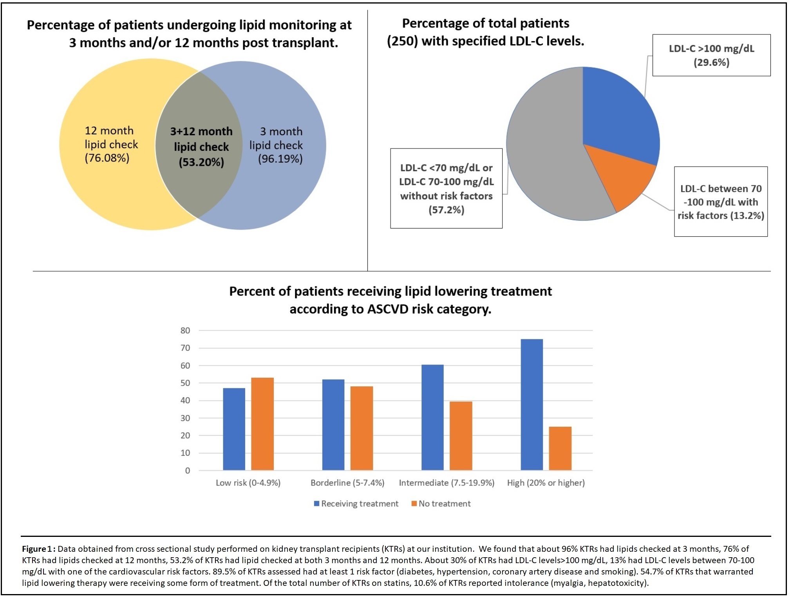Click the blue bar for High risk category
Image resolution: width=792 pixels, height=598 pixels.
[532, 404]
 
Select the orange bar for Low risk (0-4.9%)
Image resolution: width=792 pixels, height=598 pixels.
[262, 424]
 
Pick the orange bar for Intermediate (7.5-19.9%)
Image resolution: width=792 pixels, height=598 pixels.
[461, 435]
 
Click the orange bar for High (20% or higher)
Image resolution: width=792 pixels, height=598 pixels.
[560, 448]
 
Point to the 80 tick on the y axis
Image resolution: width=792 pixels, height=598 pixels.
[185, 330]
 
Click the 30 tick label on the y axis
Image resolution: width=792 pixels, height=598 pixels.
[185, 418]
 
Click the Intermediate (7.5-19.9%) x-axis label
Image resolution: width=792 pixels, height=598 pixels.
[447, 483]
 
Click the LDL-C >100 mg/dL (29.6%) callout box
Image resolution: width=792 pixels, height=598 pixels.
[711, 55]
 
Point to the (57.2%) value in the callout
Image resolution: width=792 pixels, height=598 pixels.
[446, 210]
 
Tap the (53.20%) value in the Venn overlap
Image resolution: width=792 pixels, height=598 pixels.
[201, 162]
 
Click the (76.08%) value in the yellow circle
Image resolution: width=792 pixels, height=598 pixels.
[107, 158]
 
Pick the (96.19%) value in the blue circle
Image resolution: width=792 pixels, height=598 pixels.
[280, 159]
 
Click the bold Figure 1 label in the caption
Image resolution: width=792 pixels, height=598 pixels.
[38, 549]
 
